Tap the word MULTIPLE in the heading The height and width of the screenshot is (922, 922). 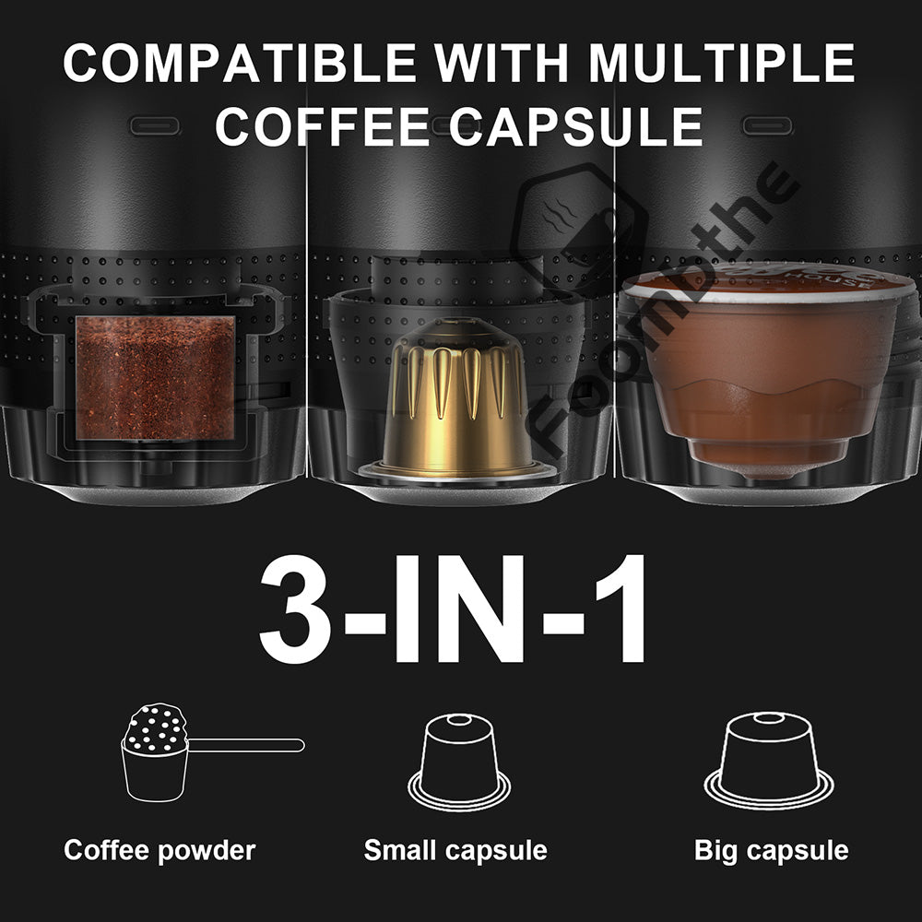click(722, 63)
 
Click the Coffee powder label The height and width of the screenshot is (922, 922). click(159, 850)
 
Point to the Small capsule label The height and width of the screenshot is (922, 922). click(455, 850)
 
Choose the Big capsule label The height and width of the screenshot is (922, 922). click(771, 850)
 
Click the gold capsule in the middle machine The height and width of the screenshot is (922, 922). click(458, 406)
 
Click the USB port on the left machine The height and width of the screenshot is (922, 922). click(154, 124)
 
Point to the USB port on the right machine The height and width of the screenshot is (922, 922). click(767, 124)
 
